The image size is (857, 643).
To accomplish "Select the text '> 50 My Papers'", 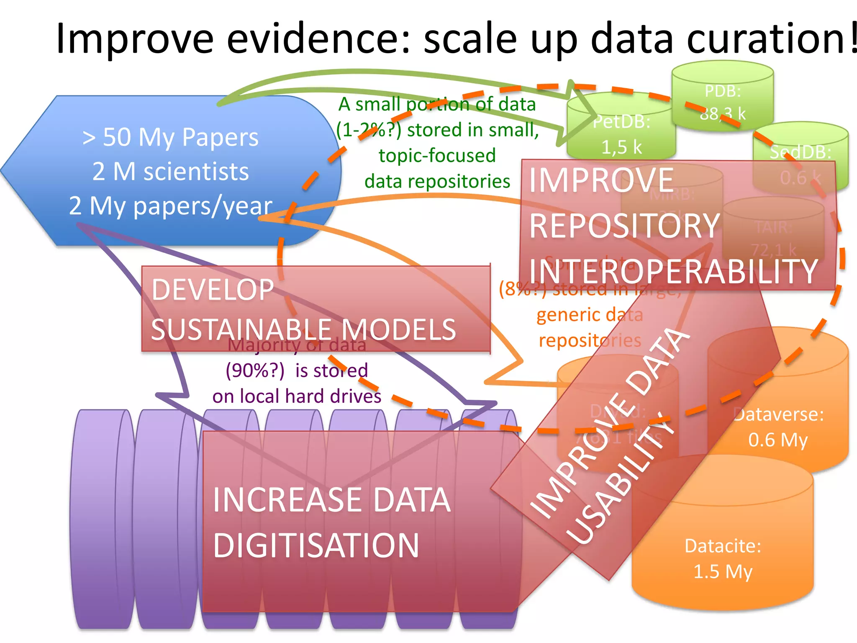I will click(x=170, y=137).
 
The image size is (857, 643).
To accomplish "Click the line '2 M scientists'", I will click(x=170, y=171).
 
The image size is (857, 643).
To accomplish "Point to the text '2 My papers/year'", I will click(x=170, y=206).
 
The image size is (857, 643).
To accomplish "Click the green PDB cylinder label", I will click(x=722, y=91).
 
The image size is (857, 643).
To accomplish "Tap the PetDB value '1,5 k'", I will click(x=621, y=147).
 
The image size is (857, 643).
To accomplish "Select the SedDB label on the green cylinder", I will click(x=800, y=152).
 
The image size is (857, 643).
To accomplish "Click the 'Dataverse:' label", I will click(x=779, y=414).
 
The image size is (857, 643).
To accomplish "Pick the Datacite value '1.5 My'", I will click(x=723, y=571).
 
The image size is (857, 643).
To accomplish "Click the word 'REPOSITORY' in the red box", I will click(x=624, y=226).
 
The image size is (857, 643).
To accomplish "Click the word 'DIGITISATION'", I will click(x=316, y=545).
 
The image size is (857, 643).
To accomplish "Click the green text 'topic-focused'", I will click(x=437, y=155).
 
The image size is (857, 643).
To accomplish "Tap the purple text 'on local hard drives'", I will click(x=297, y=396).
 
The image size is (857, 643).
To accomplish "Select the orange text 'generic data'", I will click(x=590, y=314).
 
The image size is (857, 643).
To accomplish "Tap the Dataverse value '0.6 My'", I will click(x=778, y=440).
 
